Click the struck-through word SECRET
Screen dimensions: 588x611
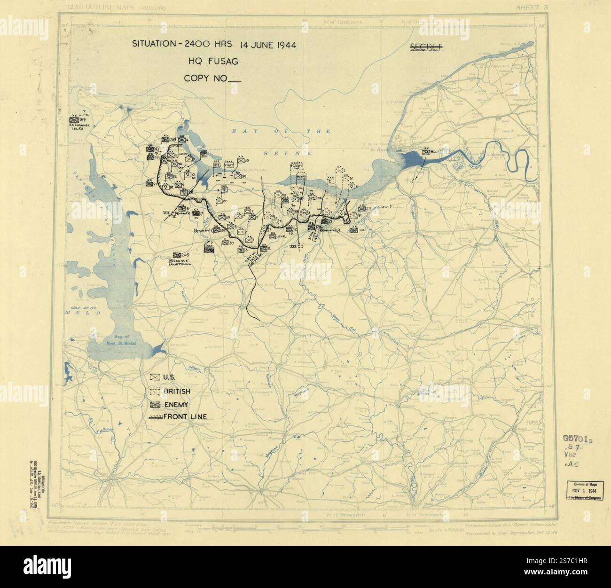(x=426, y=46)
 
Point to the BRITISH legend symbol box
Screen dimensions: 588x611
(x=155, y=391)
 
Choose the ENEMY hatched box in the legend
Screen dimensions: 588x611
(x=155, y=404)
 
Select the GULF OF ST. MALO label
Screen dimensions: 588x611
(x=78, y=309)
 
